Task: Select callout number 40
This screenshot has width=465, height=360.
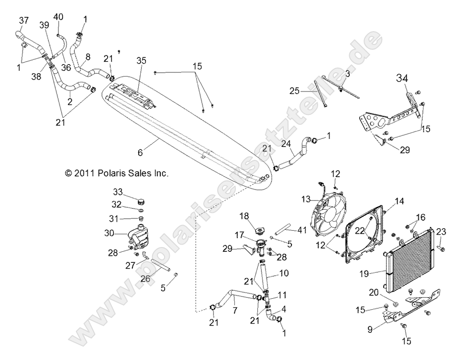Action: coord(58,17)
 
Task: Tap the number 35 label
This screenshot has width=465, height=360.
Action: coord(141,60)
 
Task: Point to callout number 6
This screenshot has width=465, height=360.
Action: coord(140,152)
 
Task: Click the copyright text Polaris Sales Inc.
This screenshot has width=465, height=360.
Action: coord(117,173)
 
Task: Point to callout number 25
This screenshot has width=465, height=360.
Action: coord(293,90)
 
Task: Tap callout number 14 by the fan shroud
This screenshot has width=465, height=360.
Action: coord(399,202)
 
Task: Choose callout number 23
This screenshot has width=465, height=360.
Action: coord(441,231)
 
